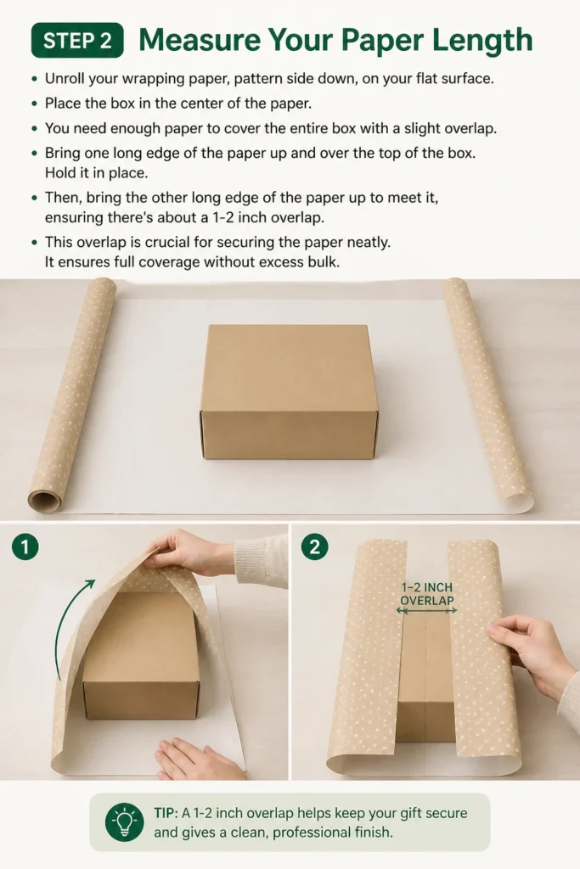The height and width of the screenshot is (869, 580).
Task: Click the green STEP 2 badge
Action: click(x=77, y=41)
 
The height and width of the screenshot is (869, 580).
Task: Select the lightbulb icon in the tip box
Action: click(x=124, y=822)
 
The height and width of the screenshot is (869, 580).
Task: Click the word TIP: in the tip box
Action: click(x=166, y=813)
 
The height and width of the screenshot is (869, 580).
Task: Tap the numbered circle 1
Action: click(x=25, y=547)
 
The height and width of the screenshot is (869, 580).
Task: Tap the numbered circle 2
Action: click(x=314, y=547)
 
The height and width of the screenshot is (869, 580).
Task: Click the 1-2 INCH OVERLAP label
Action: click(x=427, y=593)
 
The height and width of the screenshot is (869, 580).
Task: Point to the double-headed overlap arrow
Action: click(x=426, y=611)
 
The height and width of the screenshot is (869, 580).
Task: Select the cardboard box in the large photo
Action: click(x=289, y=392)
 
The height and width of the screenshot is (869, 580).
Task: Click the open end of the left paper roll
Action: click(x=45, y=502)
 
